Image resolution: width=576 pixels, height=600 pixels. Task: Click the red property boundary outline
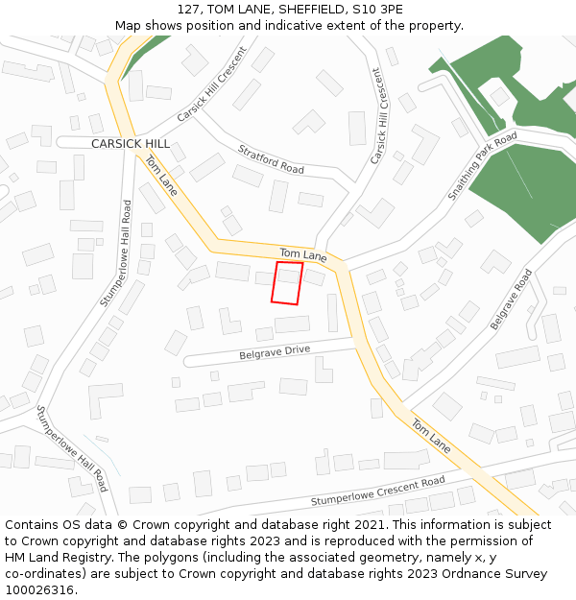[x=287, y=283]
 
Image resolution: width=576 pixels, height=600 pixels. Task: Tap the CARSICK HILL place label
[x=131, y=144]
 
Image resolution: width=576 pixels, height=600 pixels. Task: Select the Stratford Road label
[x=272, y=160]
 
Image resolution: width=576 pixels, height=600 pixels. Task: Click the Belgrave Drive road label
[x=275, y=351]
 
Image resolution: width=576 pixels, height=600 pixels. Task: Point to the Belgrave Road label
[x=511, y=300]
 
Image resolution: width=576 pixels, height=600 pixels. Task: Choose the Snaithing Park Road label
[x=482, y=166]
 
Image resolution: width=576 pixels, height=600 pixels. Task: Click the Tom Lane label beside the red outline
[x=303, y=254]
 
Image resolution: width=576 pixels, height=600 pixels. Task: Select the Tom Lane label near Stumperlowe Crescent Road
[x=431, y=435]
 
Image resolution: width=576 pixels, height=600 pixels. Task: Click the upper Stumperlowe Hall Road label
[x=113, y=253]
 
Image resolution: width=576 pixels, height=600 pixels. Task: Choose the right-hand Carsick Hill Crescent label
[x=380, y=114]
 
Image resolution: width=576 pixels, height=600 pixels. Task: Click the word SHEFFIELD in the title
[x=305, y=10]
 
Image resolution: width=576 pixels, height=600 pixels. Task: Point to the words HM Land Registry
[x=55, y=557]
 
